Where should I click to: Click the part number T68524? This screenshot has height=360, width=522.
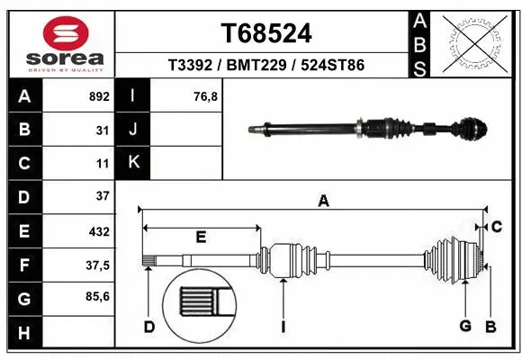(x=266, y=33)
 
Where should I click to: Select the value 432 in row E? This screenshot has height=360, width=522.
(x=99, y=231)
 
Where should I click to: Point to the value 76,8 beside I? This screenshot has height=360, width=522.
(x=206, y=96)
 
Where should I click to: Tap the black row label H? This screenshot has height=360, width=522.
(x=23, y=332)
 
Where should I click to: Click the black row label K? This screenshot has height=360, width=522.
(x=132, y=163)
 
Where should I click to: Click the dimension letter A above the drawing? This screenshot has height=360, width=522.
(x=323, y=202)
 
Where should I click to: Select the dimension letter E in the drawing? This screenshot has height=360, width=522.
(x=201, y=238)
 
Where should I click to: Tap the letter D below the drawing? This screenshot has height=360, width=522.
(x=149, y=327)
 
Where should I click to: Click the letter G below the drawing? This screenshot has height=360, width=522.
(x=465, y=327)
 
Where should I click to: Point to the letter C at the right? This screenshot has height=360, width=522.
(x=496, y=225)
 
